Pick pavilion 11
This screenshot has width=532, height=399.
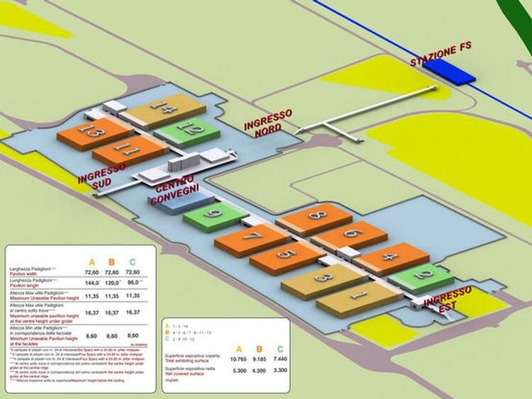128,150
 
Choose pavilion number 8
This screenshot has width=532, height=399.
315,215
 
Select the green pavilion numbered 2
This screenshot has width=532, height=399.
422,275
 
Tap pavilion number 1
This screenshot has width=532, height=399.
358,296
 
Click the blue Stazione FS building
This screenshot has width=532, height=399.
448,71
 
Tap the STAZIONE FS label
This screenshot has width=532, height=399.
440,55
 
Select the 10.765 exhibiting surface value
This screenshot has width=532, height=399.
238,361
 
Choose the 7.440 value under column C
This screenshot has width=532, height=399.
279,361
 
